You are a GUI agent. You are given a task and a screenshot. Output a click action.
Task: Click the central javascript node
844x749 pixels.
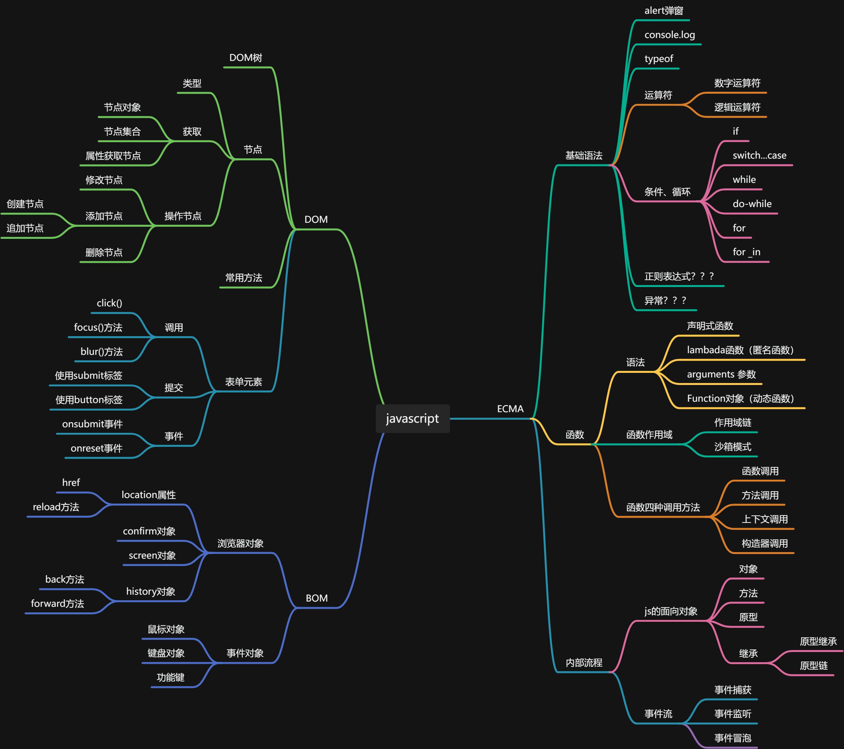[x=412, y=418]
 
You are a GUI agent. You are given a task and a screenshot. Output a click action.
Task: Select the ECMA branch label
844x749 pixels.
[x=510, y=409]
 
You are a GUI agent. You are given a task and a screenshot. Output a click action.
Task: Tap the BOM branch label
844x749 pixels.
[x=316, y=598]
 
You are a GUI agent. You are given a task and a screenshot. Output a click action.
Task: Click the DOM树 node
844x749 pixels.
[x=246, y=58]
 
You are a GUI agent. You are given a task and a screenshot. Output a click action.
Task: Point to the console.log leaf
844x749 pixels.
[x=669, y=35]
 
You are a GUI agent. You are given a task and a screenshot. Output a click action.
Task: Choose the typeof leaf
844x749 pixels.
[x=659, y=59]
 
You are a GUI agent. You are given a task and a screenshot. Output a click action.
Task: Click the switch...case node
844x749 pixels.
[x=759, y=155]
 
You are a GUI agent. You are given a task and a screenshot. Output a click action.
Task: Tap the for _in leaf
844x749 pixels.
[x=746, y=252]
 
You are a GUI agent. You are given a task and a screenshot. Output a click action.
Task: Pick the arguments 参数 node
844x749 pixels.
[x=721, y=374]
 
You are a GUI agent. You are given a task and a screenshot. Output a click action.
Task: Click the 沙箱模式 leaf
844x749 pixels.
[x=733, y=447]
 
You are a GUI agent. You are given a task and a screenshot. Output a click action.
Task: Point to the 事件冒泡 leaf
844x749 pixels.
[x=733, y=738]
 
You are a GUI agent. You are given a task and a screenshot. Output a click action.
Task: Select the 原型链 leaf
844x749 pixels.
[x=814, y=665]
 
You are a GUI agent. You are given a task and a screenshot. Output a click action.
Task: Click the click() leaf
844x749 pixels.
[x=109, y=303]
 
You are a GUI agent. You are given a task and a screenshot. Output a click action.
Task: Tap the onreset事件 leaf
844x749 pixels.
[x=96, y=449]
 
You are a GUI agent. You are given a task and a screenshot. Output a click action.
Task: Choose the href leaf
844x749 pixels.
[x=71, y=483]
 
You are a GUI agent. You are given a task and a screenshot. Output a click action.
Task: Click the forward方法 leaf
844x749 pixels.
[x=57, y=604]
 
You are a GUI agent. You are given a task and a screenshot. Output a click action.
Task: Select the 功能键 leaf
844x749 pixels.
[x=170, y=678]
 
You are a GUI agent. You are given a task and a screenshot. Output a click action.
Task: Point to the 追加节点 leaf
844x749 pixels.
[x=25, y=228]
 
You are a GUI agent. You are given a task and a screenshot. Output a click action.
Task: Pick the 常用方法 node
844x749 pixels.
[x=244, y=278]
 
